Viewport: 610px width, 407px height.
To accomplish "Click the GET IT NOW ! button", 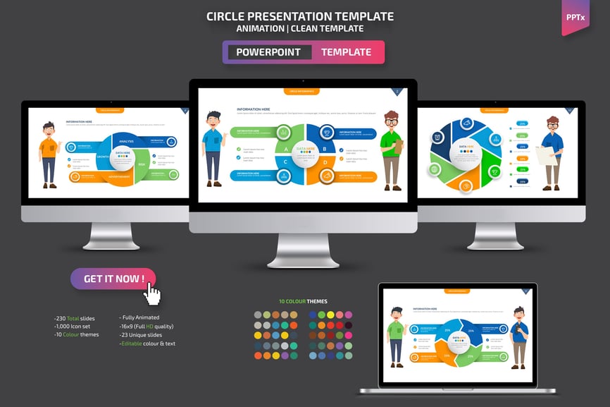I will [x=113, y=279].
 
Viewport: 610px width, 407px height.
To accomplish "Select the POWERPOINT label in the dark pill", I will [x=268, y=52].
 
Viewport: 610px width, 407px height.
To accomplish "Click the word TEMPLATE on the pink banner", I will [x=346, y=52].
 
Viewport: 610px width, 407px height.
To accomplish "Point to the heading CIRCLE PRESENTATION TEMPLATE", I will [x=300, y=16].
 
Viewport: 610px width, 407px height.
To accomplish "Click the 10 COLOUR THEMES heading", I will [x=303, y=301].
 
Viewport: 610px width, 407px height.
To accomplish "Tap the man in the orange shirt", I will [x=49, y=154].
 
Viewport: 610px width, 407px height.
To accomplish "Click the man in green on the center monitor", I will [x=391, y=149].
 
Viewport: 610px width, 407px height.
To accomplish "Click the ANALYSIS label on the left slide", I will [x=126, y=141].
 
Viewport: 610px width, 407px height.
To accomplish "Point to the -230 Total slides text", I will [x=74, y=318].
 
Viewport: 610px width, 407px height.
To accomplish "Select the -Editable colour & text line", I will [x=147, y=344].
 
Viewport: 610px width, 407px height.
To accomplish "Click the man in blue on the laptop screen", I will [x=519, y=337].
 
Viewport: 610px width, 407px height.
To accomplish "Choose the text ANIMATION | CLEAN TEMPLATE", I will [x=300, y=29].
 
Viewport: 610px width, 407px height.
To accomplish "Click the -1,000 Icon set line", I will [x=73, y=327].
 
